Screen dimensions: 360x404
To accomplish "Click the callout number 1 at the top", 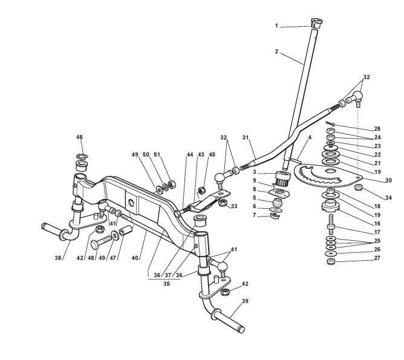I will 276,25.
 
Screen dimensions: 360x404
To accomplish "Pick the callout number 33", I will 234,206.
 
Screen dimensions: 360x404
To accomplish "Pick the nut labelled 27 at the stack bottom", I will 331,261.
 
